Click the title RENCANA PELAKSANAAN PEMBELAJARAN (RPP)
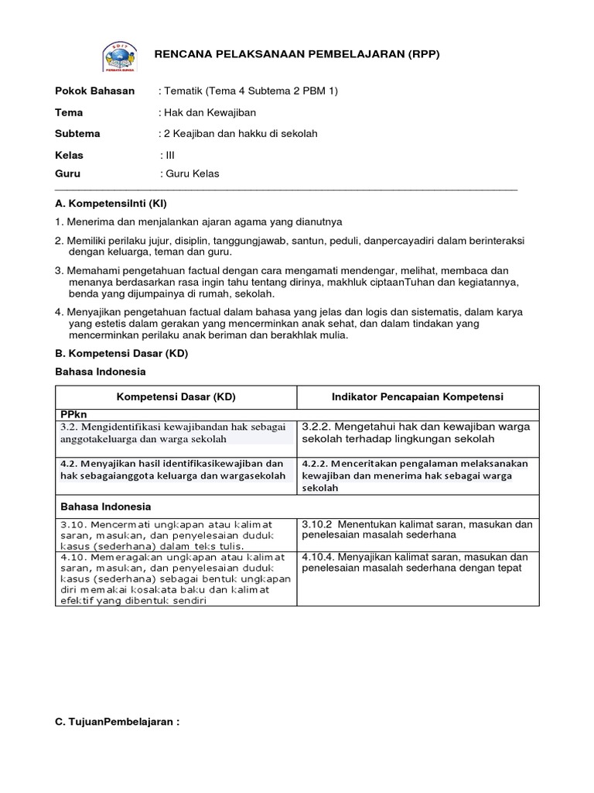[x=297, y=55]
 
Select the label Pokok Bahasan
[x=94, y=91]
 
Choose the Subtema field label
[x=77, y=133]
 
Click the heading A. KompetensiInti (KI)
[x=111, y=202]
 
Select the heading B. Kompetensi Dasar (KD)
[x=121, y=353]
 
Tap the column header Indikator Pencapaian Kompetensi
[x=417, y=396]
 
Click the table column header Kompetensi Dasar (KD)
[x=176, y=396]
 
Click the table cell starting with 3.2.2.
[x=417, y=433]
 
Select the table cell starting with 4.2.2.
[x=417, y=475]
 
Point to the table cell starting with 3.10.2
[x=417, y=530]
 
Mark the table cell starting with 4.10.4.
[x=417, y=562]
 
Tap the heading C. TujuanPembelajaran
[x=117, y=722]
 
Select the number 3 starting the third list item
[x=58, y=270]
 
